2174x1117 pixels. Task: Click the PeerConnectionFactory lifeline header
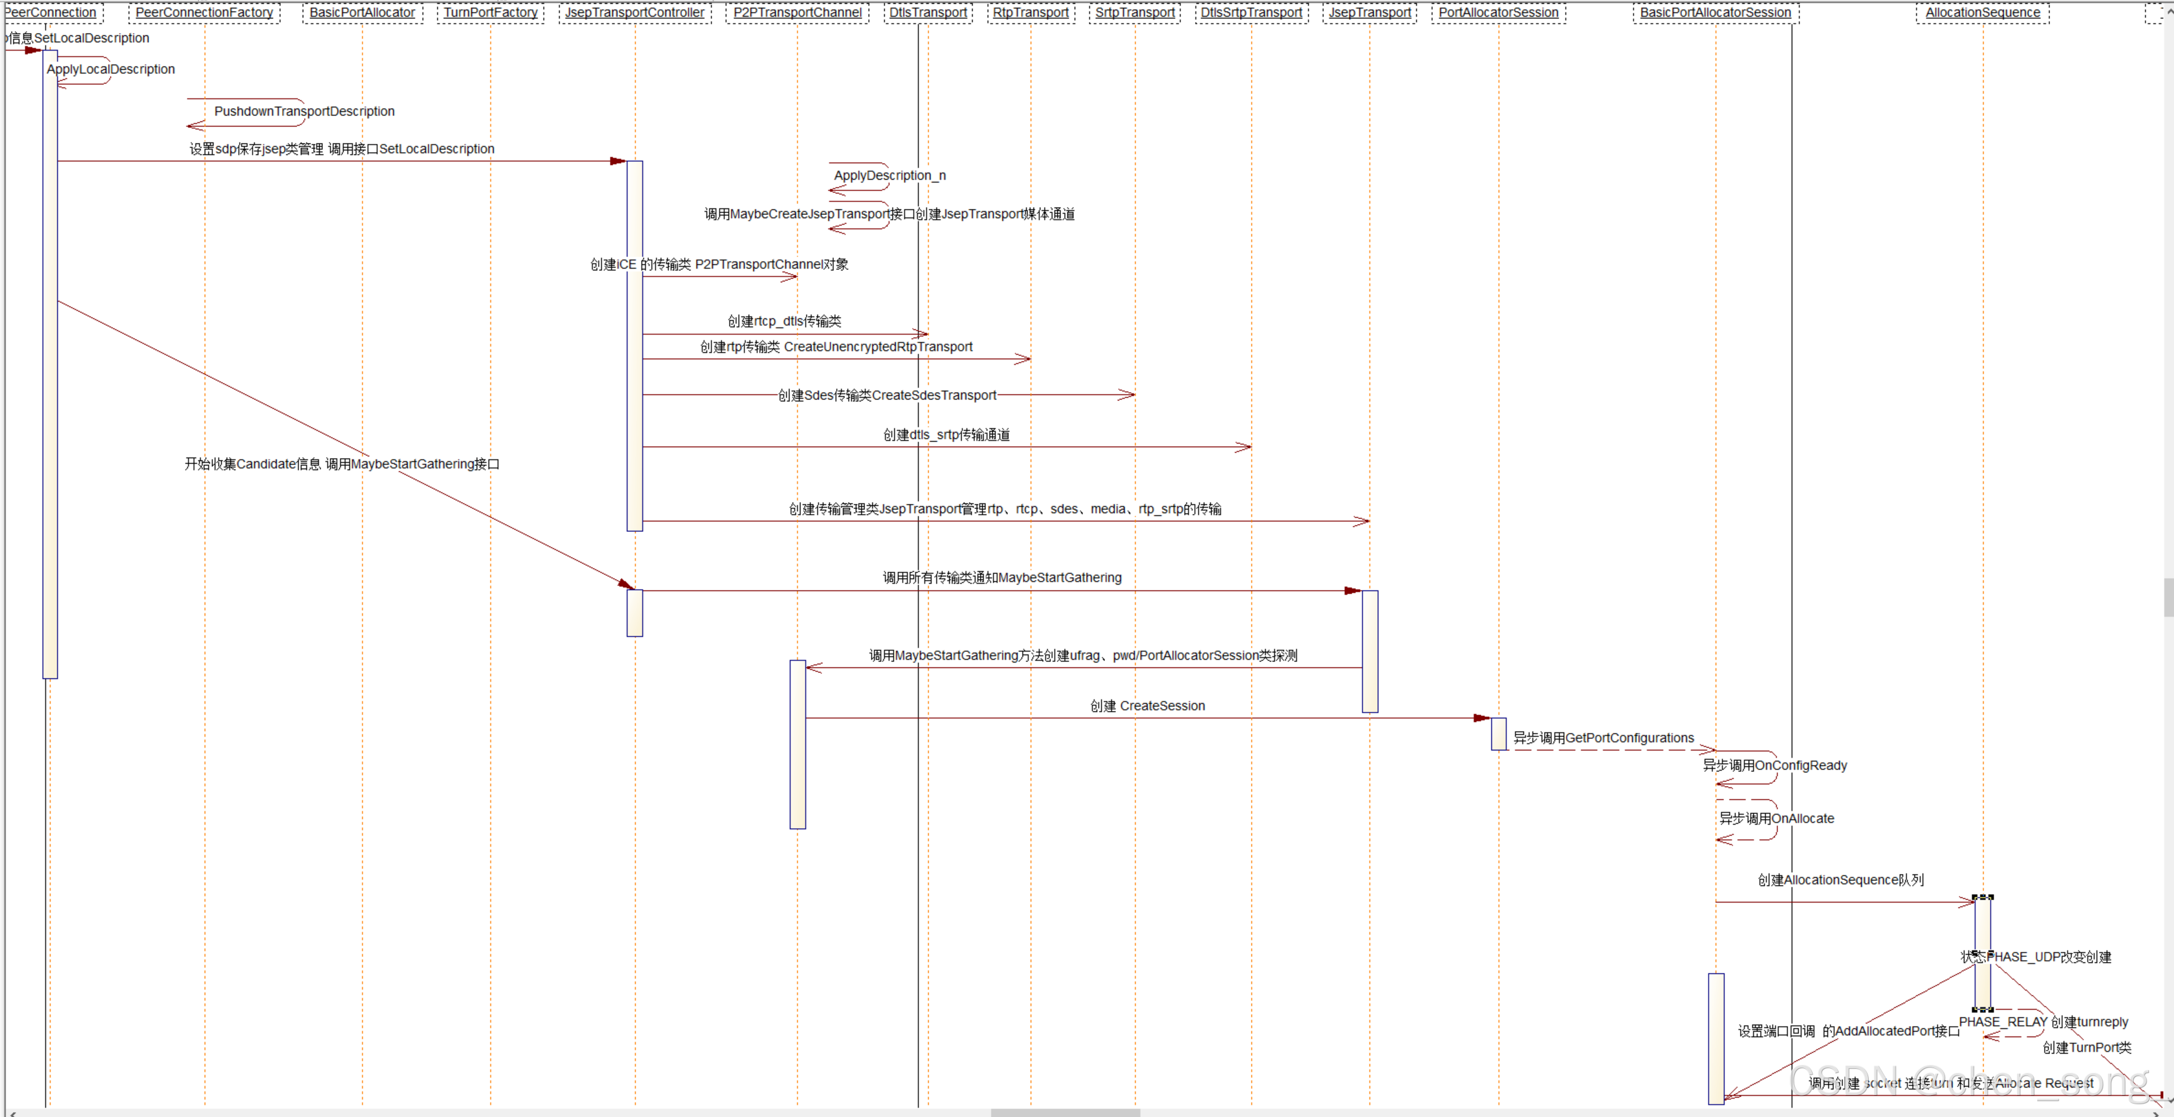(x=205, y=13)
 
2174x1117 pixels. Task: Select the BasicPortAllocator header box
(x=362, y=13)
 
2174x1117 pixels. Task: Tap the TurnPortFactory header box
(x=490, y=13)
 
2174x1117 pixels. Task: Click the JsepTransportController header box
(x=635, y=13)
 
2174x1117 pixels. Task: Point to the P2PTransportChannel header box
(x=797, y=13)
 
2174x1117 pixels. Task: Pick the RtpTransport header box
(x=1031, y=13)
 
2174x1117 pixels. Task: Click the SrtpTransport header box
(x=1134, y=13)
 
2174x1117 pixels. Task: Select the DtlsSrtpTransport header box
(x=1251, y=13)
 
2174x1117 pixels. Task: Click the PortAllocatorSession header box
(x=1498, y=13)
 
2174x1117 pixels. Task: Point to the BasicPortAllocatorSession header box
(x=1715, y=13)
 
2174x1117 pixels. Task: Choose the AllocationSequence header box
(x=1982, y=13)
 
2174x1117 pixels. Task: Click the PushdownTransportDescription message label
(x=304, y=111)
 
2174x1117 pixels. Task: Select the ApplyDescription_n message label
(x=890, y=176)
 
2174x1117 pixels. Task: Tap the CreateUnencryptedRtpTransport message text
(x=878, y=347)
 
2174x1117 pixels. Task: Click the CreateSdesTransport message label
(x=933, y=395)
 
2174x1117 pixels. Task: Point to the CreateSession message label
(x=1161, y=706)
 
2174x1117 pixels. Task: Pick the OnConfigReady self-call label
(x=1800, y=765)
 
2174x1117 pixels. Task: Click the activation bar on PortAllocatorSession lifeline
(x=1498, y=733)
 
